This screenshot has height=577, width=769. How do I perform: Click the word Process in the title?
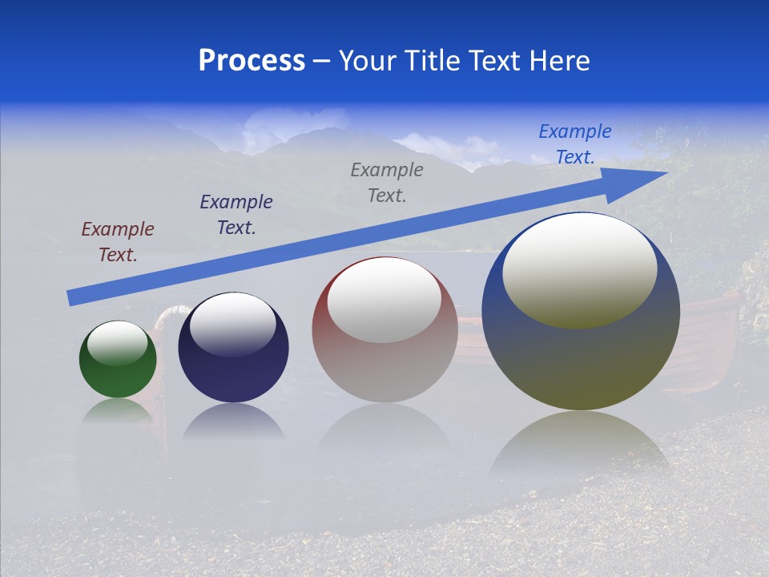point(252,61)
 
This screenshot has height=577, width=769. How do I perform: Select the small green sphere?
point(118,360)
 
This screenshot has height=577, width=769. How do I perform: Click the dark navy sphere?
point(233,348)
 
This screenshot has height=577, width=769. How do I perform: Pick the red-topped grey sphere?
point(384,329)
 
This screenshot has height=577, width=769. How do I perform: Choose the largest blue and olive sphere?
point(581,311)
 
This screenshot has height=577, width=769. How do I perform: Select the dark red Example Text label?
point(118,242)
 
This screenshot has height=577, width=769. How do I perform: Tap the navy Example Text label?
point(236,215)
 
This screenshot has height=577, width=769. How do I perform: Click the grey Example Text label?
point(387,182)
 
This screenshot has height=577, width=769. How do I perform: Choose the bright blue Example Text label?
point(575,144)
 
